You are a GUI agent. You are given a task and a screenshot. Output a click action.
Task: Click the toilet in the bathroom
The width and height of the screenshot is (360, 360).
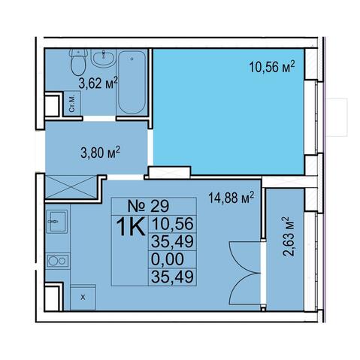78,62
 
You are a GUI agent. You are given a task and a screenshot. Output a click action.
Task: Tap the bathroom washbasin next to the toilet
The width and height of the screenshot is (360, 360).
103,58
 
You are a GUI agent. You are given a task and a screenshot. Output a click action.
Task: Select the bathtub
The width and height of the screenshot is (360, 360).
132,82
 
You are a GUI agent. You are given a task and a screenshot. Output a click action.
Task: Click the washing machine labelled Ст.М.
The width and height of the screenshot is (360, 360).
72,104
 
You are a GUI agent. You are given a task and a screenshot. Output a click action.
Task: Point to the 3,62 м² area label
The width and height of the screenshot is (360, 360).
98,83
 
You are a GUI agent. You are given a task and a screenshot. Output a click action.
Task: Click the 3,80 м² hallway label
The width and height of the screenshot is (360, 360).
100,153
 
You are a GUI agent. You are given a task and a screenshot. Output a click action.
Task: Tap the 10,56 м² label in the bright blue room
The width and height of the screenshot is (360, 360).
271,67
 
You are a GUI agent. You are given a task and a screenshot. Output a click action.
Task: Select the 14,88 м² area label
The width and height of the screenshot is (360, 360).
231,198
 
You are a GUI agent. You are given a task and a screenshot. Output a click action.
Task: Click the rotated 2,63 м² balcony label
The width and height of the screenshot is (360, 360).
288,237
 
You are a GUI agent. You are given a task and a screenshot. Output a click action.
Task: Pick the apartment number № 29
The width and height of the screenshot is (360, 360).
148,206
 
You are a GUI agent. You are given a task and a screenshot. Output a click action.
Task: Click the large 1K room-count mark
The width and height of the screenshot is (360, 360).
130,227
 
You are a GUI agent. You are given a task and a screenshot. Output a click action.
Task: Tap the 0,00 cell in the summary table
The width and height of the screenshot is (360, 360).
168,259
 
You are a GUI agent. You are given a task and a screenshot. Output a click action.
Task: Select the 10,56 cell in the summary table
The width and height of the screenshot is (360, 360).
173,223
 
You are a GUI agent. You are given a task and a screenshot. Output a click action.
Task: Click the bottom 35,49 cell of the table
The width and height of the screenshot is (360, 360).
173,277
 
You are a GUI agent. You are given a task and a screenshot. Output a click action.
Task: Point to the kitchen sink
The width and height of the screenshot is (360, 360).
56,222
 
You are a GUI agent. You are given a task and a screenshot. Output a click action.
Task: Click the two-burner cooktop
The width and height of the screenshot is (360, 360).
58,261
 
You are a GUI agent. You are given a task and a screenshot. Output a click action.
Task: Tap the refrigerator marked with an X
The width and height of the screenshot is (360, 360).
83,298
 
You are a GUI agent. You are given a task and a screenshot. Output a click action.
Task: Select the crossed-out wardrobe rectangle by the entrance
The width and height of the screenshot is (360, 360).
71,187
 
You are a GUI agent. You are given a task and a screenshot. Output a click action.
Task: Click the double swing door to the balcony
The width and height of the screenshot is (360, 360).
246,273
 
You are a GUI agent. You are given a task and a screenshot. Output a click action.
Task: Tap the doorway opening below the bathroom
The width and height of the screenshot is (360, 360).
99,119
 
